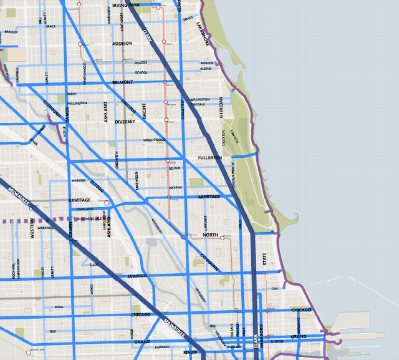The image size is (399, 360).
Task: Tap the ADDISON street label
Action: tap(122, 44)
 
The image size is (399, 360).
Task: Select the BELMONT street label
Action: tap(123, 82)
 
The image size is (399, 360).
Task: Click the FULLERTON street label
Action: tap(209, 158)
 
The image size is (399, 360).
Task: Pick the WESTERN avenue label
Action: tap(31, 228)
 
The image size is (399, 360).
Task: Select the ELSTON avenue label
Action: tap(97, 185)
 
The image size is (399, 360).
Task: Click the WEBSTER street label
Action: tap(79, 180)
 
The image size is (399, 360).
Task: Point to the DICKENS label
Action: tap(176, 188)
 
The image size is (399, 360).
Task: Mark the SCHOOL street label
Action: tap(142, 72)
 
